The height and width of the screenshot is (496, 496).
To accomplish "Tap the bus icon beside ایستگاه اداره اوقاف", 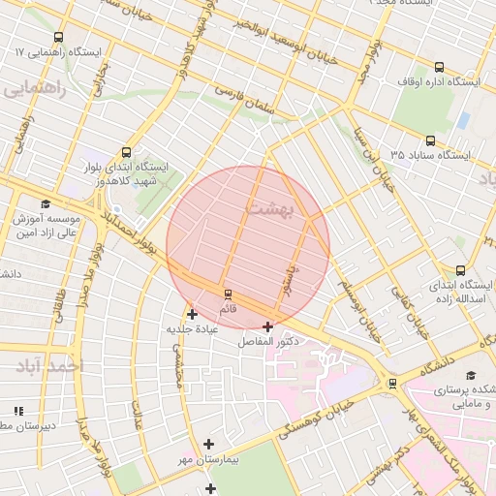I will coord(440,67).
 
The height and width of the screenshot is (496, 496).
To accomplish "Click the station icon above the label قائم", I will coord(229,294).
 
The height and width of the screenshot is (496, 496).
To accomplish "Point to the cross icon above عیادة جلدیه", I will coord(192,313).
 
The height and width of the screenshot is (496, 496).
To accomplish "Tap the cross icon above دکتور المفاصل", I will coord(267,326).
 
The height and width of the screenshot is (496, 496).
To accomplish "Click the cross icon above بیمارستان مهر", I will coord(208,444).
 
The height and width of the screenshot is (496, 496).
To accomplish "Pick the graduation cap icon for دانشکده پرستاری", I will coord(471,375).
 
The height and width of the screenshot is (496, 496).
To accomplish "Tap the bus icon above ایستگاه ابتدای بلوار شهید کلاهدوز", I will coord(126,152).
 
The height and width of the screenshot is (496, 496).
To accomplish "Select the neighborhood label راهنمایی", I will coord(35,90).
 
